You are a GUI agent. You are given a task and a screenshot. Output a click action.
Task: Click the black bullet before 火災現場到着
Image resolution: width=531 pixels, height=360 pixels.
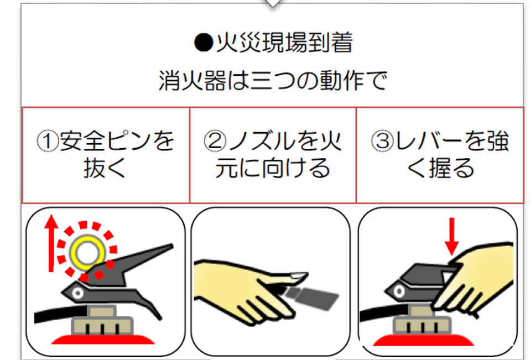204,43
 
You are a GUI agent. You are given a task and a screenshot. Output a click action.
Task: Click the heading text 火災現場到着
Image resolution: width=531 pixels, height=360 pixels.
284,43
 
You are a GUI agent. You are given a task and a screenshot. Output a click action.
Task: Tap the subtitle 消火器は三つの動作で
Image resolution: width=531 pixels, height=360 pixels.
273,81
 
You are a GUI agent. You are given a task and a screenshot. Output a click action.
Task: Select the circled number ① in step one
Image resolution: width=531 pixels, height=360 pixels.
48,141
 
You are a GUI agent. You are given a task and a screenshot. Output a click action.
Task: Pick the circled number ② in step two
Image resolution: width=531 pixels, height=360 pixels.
215,141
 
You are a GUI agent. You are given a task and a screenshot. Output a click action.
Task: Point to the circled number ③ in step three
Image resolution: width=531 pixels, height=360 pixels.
382,141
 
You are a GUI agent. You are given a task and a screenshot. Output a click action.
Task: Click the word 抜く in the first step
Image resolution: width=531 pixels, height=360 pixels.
105,168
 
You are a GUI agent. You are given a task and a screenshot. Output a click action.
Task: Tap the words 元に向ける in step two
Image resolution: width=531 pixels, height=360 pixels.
273,168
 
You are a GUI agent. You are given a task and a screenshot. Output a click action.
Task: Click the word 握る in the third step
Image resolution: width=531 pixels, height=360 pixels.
452,168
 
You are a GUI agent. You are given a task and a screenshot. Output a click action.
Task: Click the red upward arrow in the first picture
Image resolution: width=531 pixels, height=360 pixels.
51,243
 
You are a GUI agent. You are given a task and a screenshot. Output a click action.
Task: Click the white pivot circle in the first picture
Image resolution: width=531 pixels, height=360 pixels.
77,293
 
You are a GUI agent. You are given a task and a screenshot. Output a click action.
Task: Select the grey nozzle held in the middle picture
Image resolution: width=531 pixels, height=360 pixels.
311,298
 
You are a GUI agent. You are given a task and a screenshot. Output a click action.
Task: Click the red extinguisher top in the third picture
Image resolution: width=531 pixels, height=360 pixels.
423,340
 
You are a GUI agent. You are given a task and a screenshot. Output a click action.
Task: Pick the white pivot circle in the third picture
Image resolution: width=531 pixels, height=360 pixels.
399,291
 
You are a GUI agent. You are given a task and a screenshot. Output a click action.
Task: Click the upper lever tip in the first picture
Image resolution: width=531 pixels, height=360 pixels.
171,246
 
